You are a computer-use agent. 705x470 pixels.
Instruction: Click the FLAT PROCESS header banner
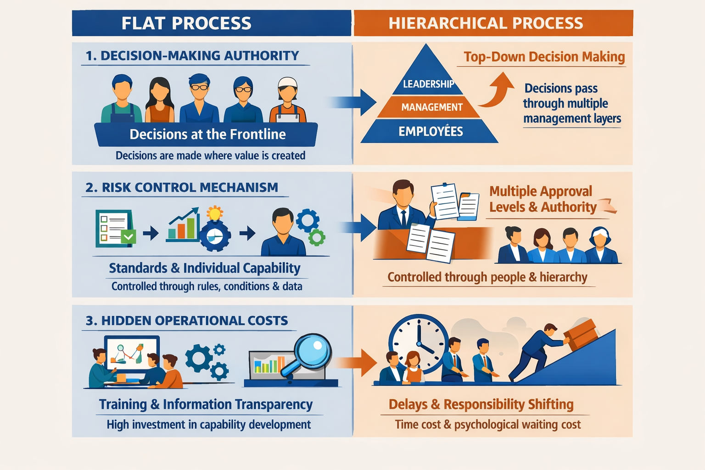[x=211, y=23]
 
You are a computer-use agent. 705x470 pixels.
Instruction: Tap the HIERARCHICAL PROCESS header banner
[x=493, y=23]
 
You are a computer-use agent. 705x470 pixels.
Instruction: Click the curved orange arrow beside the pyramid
[x=498, y=90]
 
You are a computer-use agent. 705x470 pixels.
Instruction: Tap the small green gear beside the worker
[x=317, y=237]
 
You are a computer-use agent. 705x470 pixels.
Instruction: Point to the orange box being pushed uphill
[x=581, y=334]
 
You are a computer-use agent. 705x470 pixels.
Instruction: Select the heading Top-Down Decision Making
[x=544, y=57]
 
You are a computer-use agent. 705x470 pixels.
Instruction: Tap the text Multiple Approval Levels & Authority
[x=543, y=199]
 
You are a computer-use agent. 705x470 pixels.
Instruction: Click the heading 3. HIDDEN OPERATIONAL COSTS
[x=187, y=320]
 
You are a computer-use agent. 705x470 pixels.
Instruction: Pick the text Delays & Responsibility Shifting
[x=481, y=404]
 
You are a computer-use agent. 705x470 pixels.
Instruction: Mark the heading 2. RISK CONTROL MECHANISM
[x=182, y=187]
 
